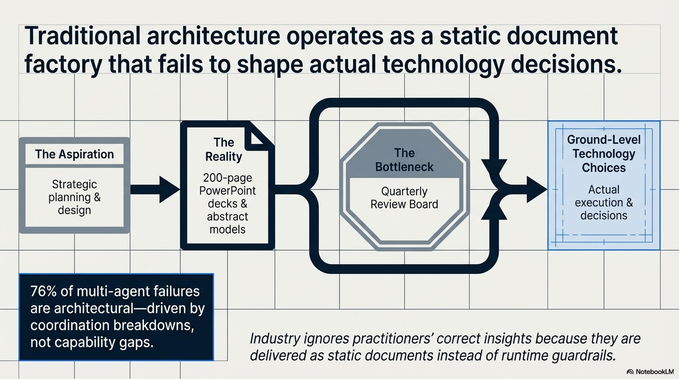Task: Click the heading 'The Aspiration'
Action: pos(74,154)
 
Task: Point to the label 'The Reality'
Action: pos(224,150)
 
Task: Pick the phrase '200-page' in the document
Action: pos(227,178)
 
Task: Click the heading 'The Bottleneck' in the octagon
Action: pos(404,159)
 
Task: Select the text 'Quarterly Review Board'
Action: pos(404,197)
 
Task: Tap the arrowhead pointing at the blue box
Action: pos(535,189)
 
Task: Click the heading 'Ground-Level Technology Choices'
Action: pos(604,153)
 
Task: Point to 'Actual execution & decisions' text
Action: pos(604,202)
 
